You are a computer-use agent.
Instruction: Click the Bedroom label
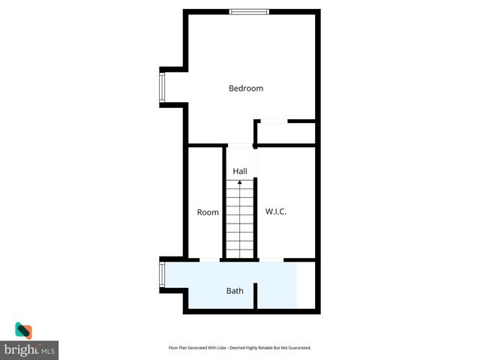(x=246, y=88)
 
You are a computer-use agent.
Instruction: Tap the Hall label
(x=240, y=172)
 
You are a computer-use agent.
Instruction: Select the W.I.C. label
(x=276, y=212)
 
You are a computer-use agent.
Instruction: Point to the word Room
(x=208, y=212)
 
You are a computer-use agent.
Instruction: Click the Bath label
(x=235, y=290)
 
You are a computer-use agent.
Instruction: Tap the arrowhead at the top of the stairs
(x=240, y=182)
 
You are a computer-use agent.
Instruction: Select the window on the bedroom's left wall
(x=161, y=87)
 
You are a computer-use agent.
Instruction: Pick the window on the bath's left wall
(x=161, y=274)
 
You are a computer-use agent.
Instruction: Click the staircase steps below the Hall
(x=240, y=221)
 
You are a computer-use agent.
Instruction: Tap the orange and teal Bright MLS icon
(x=23, y=331)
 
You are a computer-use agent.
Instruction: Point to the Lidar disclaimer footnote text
(x=239, y=348)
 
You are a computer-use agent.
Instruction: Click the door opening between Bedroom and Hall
(x=240, y=145)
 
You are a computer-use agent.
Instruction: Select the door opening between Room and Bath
(x=209, y=260)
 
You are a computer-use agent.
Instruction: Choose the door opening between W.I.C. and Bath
(x=271, y=260)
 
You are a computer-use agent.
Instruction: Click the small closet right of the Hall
(x=286, y=133)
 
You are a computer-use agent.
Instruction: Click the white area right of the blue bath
(x=305, y=284)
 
